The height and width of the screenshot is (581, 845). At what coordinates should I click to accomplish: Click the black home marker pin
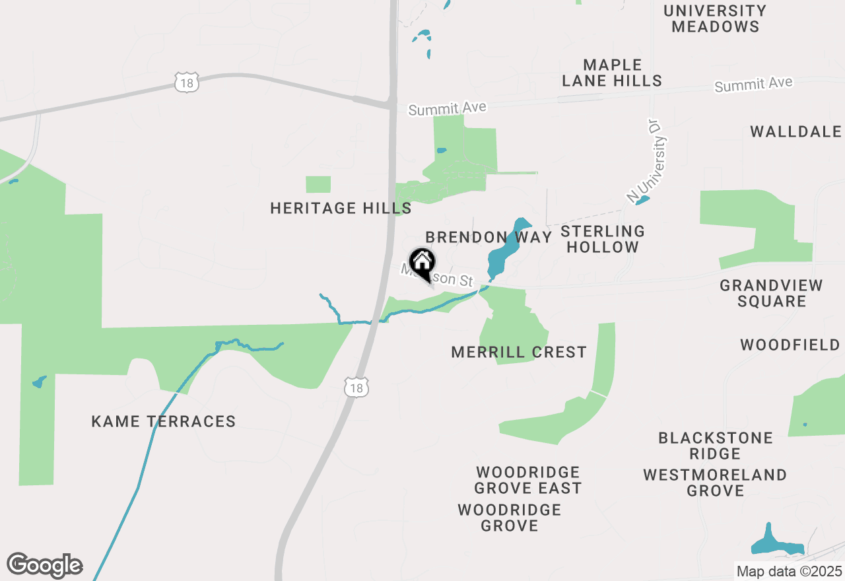(x=422, y=263)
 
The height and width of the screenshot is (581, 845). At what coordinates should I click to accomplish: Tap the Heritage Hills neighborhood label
(x=341, y=209)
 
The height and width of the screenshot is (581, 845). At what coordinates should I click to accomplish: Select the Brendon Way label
(x=489, y=238)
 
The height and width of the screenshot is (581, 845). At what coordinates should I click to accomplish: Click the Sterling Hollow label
(x=602, y=240)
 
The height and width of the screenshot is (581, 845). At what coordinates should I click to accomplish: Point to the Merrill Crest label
(x=519, y=353)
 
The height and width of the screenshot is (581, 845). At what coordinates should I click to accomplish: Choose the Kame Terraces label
(x=164, y=421)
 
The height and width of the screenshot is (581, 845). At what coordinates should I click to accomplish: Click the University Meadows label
(x=715, y=19)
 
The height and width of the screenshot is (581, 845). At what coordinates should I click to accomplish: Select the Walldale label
(x=795, y=131)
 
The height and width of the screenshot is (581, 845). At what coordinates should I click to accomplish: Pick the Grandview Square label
(x=772, y=294)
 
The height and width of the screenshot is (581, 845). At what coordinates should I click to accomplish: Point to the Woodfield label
(x=790, y=345)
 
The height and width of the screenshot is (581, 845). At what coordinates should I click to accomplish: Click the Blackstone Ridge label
(x=716, y=446)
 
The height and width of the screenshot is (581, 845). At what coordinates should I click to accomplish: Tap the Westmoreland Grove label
(x=715, y=483)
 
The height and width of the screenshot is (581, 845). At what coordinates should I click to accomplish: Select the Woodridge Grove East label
(x=528, y=480)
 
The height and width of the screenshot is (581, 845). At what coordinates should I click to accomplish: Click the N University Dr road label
(x=647, y=160)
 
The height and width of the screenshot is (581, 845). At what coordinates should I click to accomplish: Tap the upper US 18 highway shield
(x=187, y=83)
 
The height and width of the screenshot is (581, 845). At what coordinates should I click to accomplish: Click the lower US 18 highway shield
(x=356, y=388)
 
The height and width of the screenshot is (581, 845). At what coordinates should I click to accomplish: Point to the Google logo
(x=44, y=566)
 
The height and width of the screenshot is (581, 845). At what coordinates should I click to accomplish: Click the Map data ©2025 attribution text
(x=788, y=571)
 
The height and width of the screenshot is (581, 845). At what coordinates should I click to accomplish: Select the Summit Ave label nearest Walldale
(x=753, y=85)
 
